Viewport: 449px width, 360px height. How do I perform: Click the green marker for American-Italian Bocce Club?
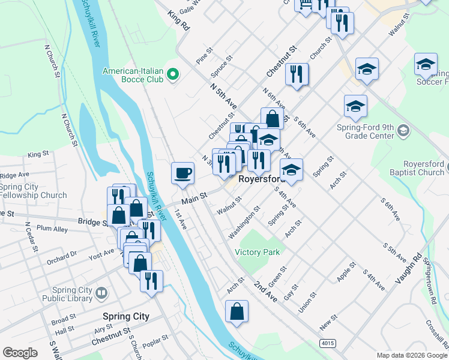(173, 74)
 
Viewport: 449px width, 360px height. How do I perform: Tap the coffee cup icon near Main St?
(183, 173)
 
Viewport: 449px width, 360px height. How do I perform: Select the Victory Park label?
(258, 252)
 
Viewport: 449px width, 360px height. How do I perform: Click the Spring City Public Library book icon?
(101, 293)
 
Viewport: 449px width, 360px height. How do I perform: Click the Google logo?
(20, 353)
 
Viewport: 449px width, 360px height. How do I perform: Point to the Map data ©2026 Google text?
(411, 355)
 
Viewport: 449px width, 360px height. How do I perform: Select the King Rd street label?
(178, 20)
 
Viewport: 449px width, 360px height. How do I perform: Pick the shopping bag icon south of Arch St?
(237, 311)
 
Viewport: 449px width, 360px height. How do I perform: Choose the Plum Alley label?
(52, 229)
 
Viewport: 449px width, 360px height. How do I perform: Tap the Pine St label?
(205, 56)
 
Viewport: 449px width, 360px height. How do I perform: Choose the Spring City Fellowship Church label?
(33, 191)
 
